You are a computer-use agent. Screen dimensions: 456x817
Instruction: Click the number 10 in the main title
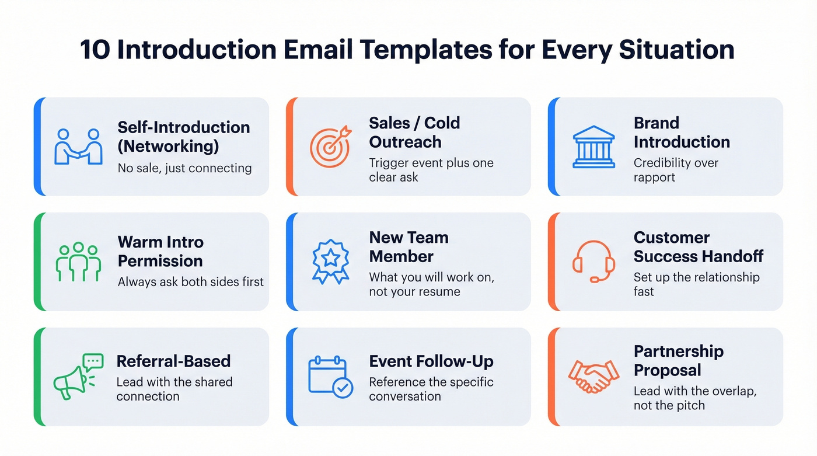click(95, 50)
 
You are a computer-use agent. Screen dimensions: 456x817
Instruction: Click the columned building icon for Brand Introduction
click(593, 147)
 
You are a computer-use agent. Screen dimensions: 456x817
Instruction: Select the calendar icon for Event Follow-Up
click(330, 377)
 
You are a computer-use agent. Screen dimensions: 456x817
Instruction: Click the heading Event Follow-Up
click(431, 361)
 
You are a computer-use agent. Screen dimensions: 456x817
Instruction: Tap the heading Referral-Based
click(173, 361)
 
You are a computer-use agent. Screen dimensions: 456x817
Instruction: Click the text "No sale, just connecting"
click(184, 169)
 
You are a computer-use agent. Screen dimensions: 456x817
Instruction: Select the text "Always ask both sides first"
click(190, 282)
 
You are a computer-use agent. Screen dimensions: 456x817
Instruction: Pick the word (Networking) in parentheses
click(168, 146)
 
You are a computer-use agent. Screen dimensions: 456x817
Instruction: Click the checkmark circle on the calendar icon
click(343, 387)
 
